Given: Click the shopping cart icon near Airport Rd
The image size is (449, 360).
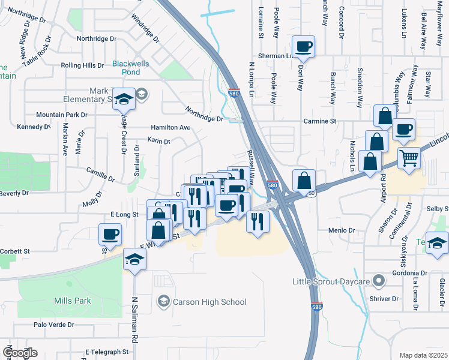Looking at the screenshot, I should [409, 159].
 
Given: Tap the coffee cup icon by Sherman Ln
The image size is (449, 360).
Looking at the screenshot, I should [304, 46].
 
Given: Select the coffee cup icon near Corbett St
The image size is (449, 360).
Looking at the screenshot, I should [110, 234].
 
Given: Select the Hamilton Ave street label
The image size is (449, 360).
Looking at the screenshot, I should [170, 128].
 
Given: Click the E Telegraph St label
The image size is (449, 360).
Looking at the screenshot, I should [107, 352].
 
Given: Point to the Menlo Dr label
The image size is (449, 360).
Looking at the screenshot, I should [342, 230].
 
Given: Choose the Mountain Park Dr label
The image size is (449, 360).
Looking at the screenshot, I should [61, 115].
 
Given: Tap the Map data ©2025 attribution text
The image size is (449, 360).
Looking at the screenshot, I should [423, 355].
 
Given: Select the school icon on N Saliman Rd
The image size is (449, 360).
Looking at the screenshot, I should [134, 260].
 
